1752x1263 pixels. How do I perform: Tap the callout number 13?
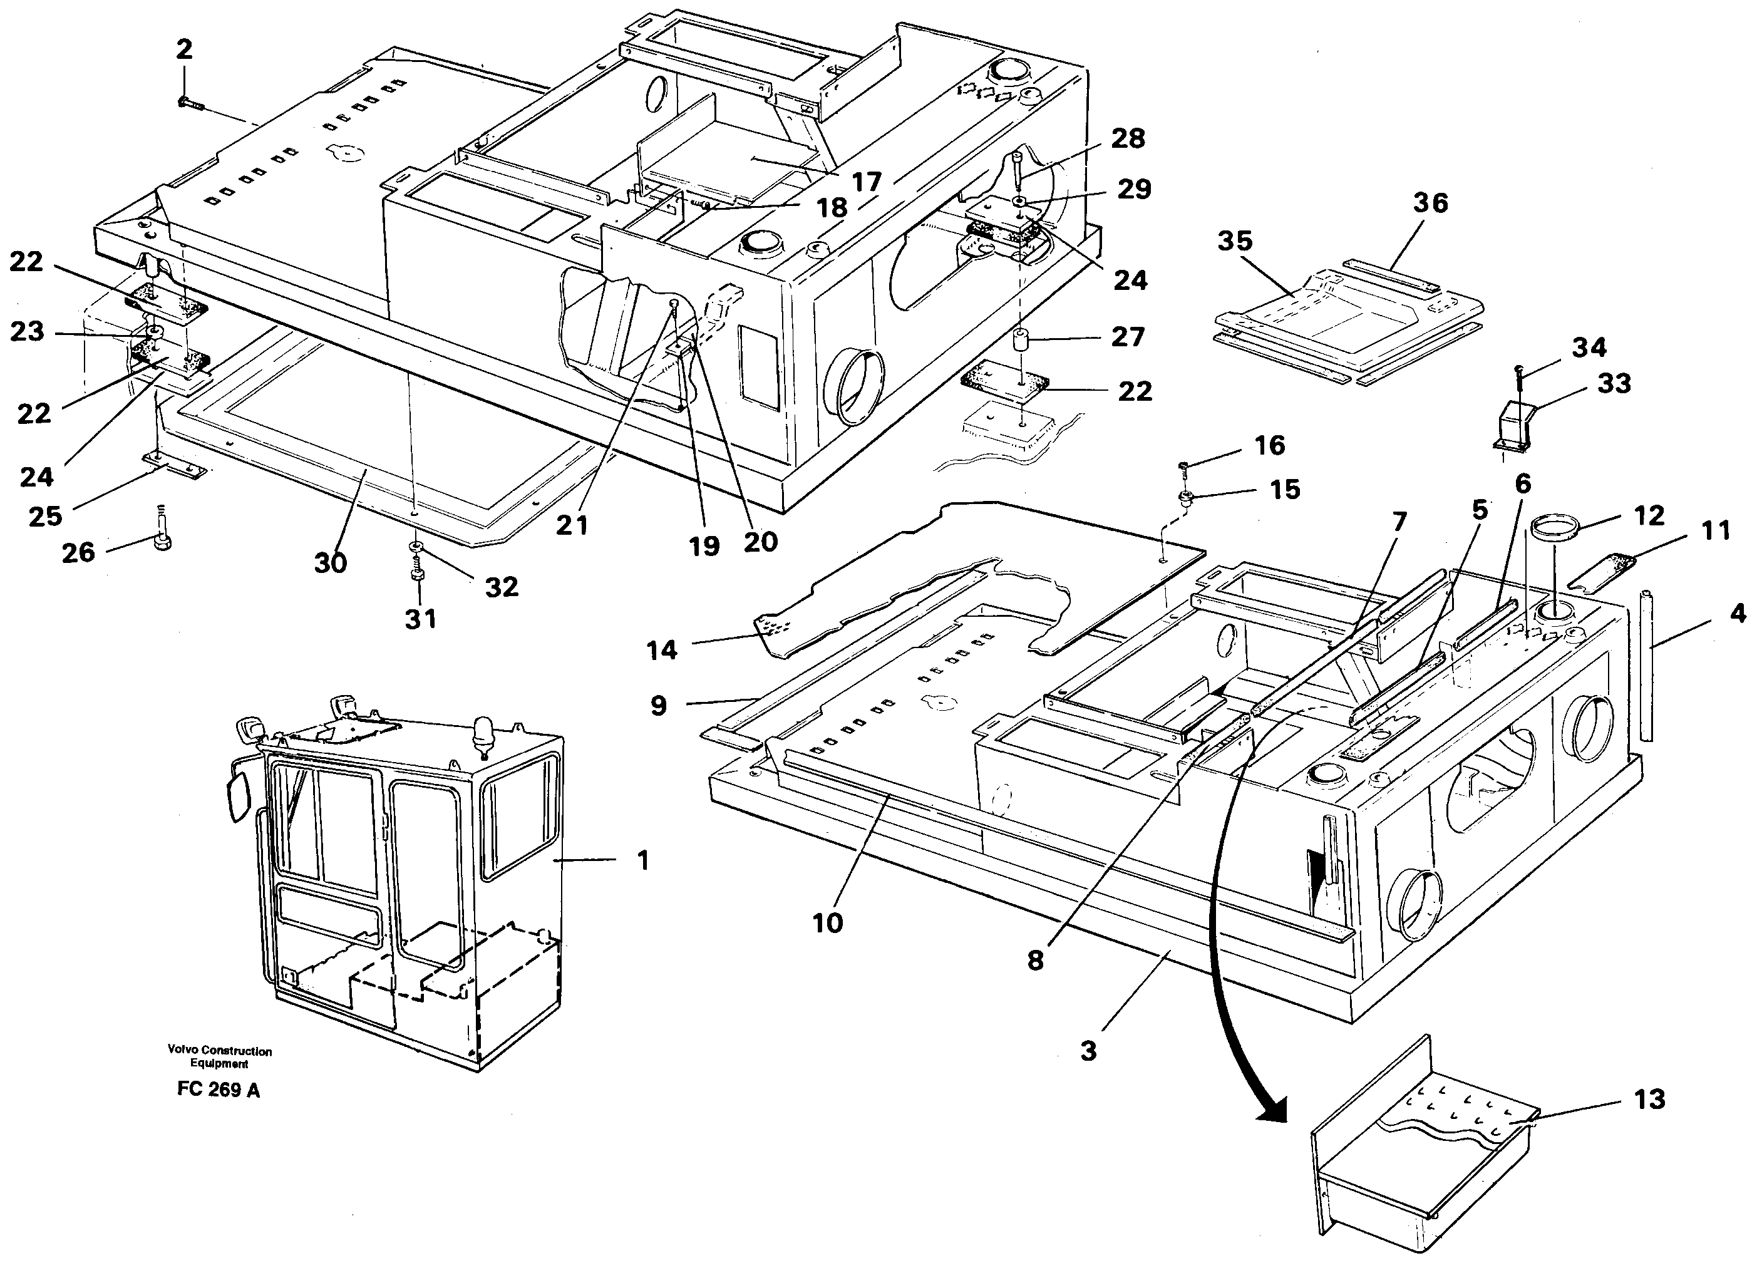pyautogui.click(x=1649, y=1099)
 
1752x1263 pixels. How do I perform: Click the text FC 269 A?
pyautogui.click(x=218, y=1090)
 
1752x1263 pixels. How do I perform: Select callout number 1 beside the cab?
pyautogui.click(x=642, y=860)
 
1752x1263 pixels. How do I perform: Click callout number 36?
pyautogui.click(x=1430, y=203)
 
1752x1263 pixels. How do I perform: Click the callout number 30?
pyautogui.click(x=331, y=563)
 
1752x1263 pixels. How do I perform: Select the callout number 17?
pyautogui.click(x=866, y=182)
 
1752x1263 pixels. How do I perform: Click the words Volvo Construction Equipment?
pyautogui.click(x=219, y=1057)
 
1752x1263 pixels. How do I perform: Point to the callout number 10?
pyautogui.click(x=827, y=922)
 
